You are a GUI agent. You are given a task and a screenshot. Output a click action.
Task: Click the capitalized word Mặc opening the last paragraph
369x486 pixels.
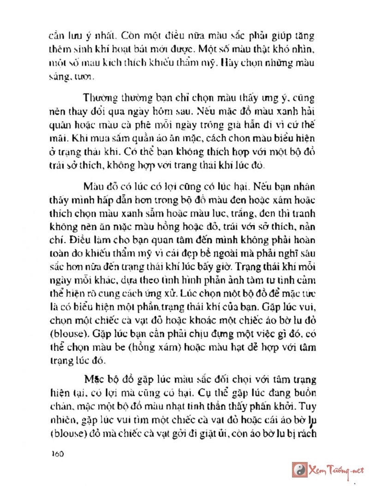tap(95, 380)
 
